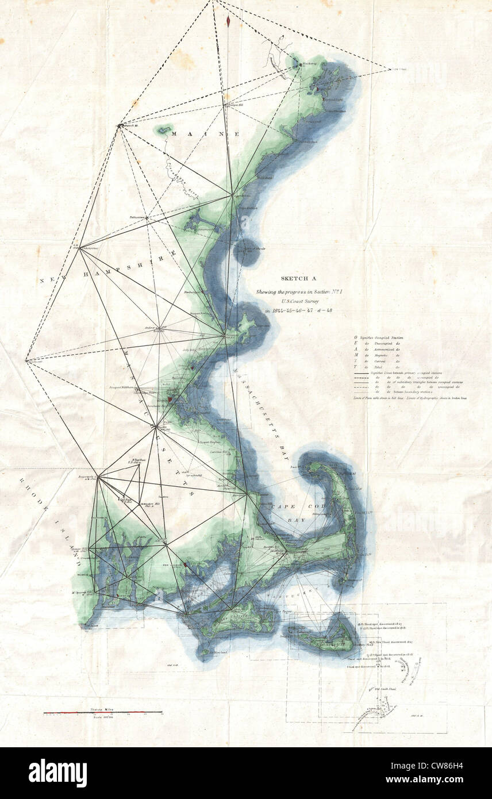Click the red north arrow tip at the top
[x=229, y=21]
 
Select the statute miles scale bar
[x=103, y=712]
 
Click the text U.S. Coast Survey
[x=298, y=299]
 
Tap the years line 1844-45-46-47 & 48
[x=298, y=311]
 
